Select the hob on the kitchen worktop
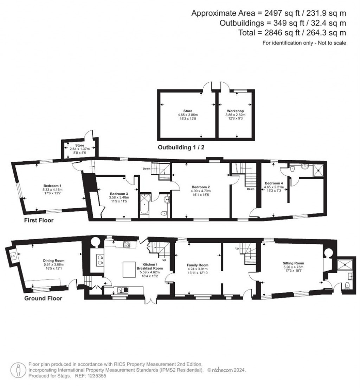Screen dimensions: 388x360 coord(127,244)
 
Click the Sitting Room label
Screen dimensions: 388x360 coord(293,263)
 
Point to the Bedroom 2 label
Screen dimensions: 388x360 coord(201,187)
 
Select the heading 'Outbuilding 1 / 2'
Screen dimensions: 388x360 coord(181,148)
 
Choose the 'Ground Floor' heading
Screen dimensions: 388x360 coord(43,299)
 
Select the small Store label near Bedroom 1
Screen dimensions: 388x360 coord(79,145)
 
